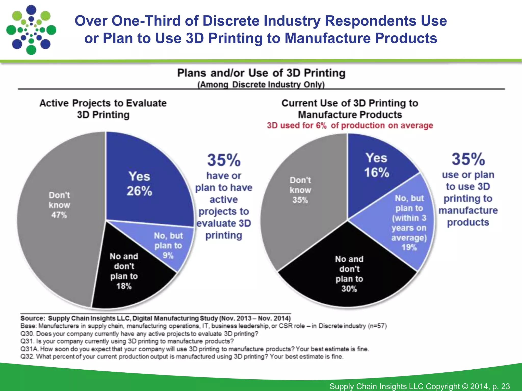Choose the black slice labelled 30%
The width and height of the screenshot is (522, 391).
pos(349,275)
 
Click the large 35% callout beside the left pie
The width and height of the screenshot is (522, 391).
pos(224,160)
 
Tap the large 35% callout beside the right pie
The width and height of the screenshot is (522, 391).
pos(468,159)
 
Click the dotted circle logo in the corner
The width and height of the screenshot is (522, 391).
pos(31,30)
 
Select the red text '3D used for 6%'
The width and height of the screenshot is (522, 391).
pos(296,125)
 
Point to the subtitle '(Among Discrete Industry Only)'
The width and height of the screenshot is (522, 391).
pos(261,85)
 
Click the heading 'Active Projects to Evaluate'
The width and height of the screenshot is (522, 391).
pos(103,103)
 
